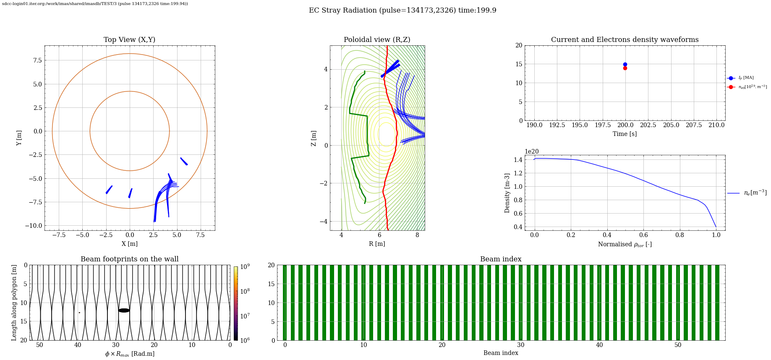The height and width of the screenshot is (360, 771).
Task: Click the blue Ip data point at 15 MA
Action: [625, 64]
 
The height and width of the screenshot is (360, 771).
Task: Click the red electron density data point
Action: [625, 68]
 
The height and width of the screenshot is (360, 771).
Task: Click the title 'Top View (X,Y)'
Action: [130, 40]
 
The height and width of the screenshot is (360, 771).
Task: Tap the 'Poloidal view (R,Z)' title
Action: [377, 40]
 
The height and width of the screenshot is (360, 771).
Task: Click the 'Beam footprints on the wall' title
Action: [130, 259]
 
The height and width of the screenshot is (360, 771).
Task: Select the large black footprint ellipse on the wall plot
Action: [124, 310]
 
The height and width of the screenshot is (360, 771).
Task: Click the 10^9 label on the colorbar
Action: [245, 266]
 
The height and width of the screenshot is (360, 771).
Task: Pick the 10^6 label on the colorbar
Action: [245, 341]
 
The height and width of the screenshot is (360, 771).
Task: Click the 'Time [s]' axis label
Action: [625, 134]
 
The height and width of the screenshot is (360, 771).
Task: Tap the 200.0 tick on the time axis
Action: [625, 125]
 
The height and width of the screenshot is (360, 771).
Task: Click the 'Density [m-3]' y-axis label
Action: [507, 193]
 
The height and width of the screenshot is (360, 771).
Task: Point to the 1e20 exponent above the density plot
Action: [532, 152]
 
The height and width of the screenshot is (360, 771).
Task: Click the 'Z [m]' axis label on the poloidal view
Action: [314, 138]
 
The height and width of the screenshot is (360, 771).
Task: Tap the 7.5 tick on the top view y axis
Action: [37, 60]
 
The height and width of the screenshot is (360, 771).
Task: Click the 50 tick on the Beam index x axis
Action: [678, 345]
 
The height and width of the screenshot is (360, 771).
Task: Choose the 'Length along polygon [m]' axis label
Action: [14, 303]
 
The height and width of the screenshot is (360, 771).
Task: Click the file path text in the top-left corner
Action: [95, 4]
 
